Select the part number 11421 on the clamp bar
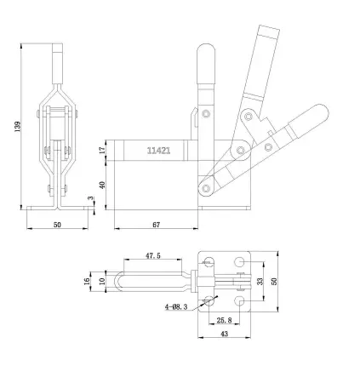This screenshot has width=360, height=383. tap(158, 151)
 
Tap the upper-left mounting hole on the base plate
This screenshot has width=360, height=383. tap(209, 259)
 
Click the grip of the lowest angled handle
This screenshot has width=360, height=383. tap(308, 119)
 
